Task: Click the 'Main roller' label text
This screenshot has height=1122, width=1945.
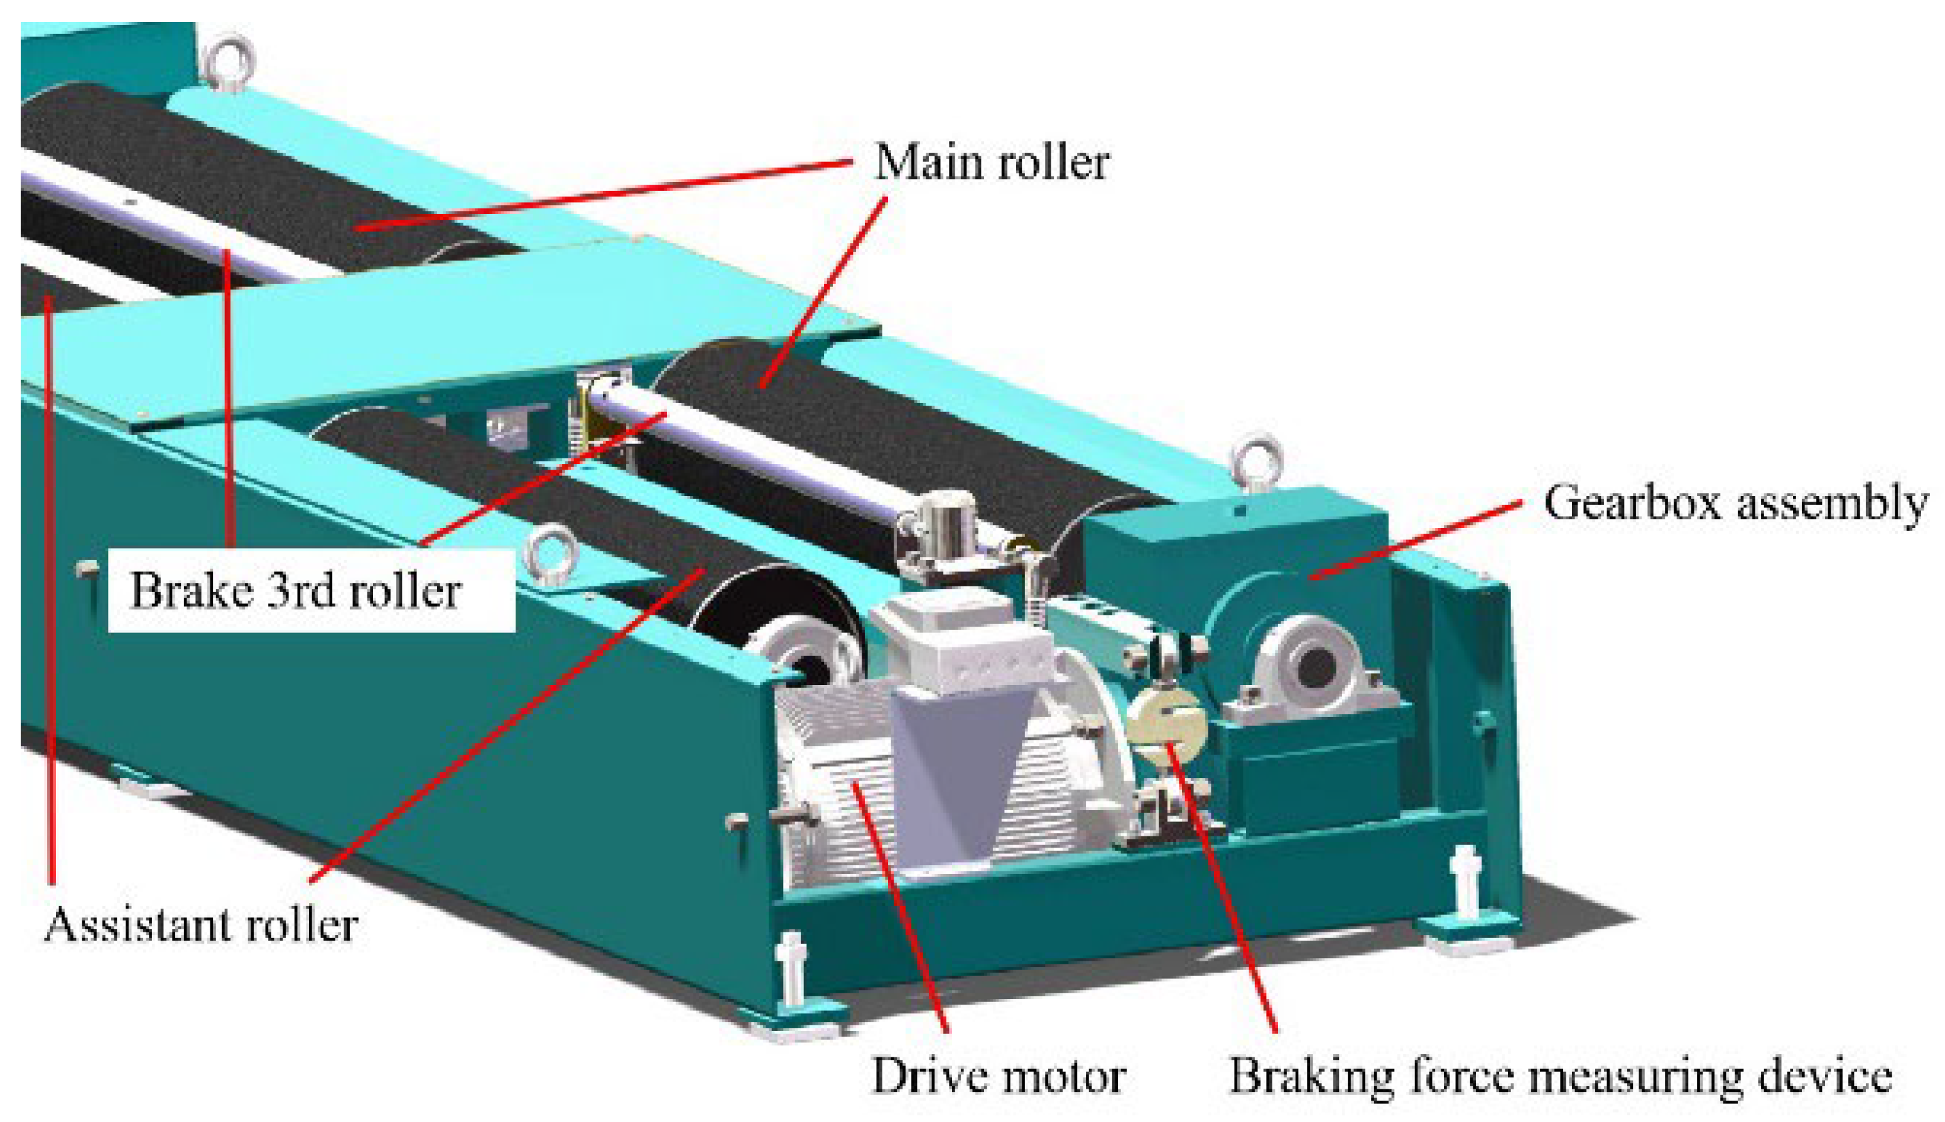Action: point(992,163)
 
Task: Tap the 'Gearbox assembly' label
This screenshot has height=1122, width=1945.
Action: point(1735,504)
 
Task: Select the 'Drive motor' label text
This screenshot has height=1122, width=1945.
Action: point(997,1076)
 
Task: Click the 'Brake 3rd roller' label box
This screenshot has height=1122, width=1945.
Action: point(310,591)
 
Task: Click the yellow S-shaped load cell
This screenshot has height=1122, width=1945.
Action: point(1165,725)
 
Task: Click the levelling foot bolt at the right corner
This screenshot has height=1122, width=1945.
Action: point(1464,878)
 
